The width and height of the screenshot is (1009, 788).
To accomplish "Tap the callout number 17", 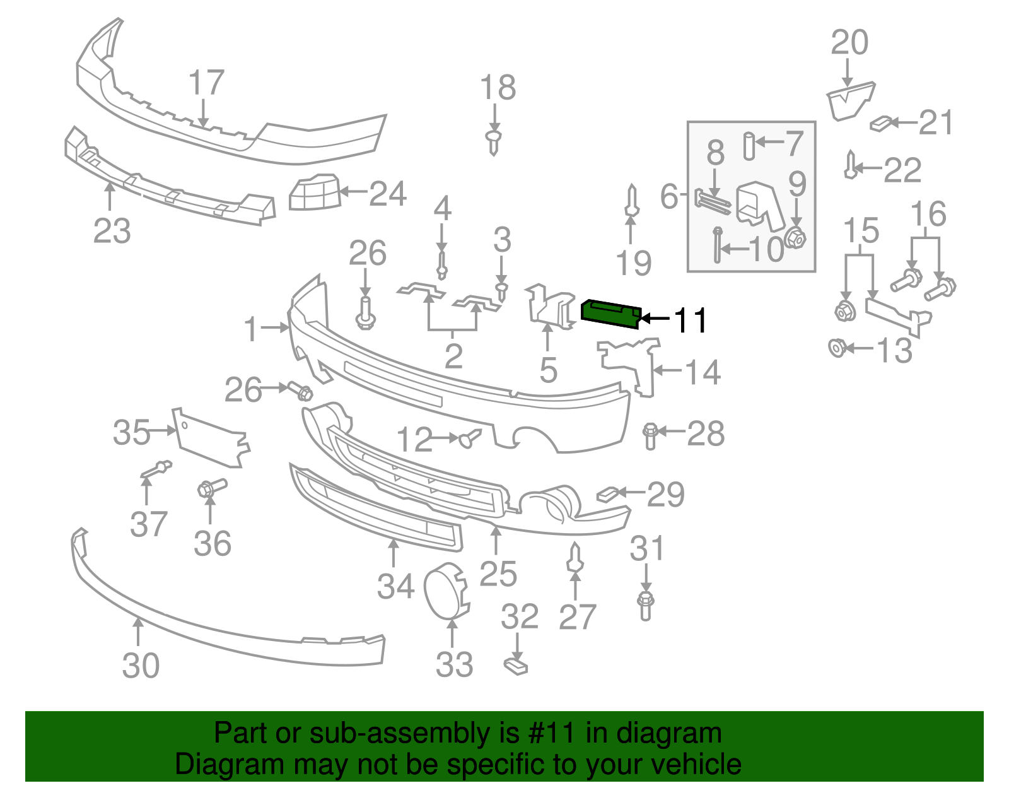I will pyautogui.click(x=206, y=83).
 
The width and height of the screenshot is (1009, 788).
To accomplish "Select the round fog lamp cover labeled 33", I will pyautogui.click(x=446, y=590).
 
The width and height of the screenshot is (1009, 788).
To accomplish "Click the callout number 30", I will pyautogui.click(x=141, y=666).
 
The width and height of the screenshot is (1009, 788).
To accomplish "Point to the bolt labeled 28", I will pyautogui.click(x=650, y=435).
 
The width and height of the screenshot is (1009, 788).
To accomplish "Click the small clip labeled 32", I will pyautogui.click(x=516, y=666).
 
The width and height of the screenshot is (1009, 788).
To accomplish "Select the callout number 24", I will pyautogui.click(x=387, y=194).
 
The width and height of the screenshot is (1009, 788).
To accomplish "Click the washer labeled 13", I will pyautogui.click(x=837, y=348).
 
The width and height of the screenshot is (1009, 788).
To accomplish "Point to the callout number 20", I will pyautogui.click(x=849, y=43).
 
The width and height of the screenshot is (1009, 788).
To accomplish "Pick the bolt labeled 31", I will pyautogui.click(x=645, y=605).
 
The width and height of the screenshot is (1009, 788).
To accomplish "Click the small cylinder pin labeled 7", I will pyautogui.click(x=749, y=146).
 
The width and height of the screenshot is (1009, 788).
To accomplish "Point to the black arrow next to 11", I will pyautogui.click(x=655, y=319).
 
